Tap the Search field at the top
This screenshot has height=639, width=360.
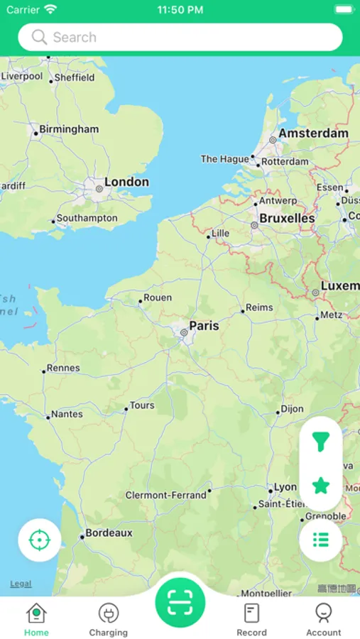(180, 38)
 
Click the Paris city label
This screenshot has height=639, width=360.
(204, 326)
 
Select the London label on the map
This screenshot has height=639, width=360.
(126, 182)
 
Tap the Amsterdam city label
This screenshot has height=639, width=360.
(313, 133)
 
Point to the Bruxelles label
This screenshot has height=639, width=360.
(287, 219)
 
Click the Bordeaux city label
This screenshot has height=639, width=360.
(109, 533)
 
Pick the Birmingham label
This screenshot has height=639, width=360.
(69, 129)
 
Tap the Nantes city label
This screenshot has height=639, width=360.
(67, 414)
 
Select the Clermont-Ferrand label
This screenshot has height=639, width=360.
(166, 495)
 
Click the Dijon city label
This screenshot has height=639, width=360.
(292, 409)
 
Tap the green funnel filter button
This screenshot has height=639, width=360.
(321, 442)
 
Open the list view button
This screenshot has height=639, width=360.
(321, 540)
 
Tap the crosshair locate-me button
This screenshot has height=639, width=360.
(39, 540)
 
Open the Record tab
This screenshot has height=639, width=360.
(251, 619)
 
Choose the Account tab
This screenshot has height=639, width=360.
(324, 619)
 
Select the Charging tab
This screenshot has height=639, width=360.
(108, 619)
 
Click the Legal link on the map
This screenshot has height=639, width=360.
(21, 584)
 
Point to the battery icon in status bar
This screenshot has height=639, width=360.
(344, 10)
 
